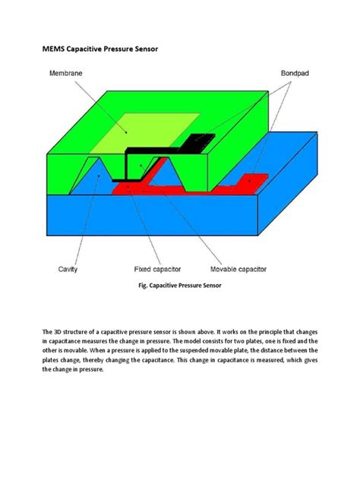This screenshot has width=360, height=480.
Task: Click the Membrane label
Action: [x=67, y=74]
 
